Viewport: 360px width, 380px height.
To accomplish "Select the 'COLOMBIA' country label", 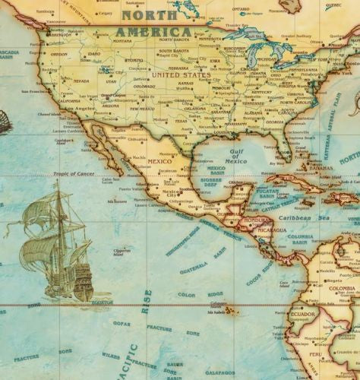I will [x=342, y=289].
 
